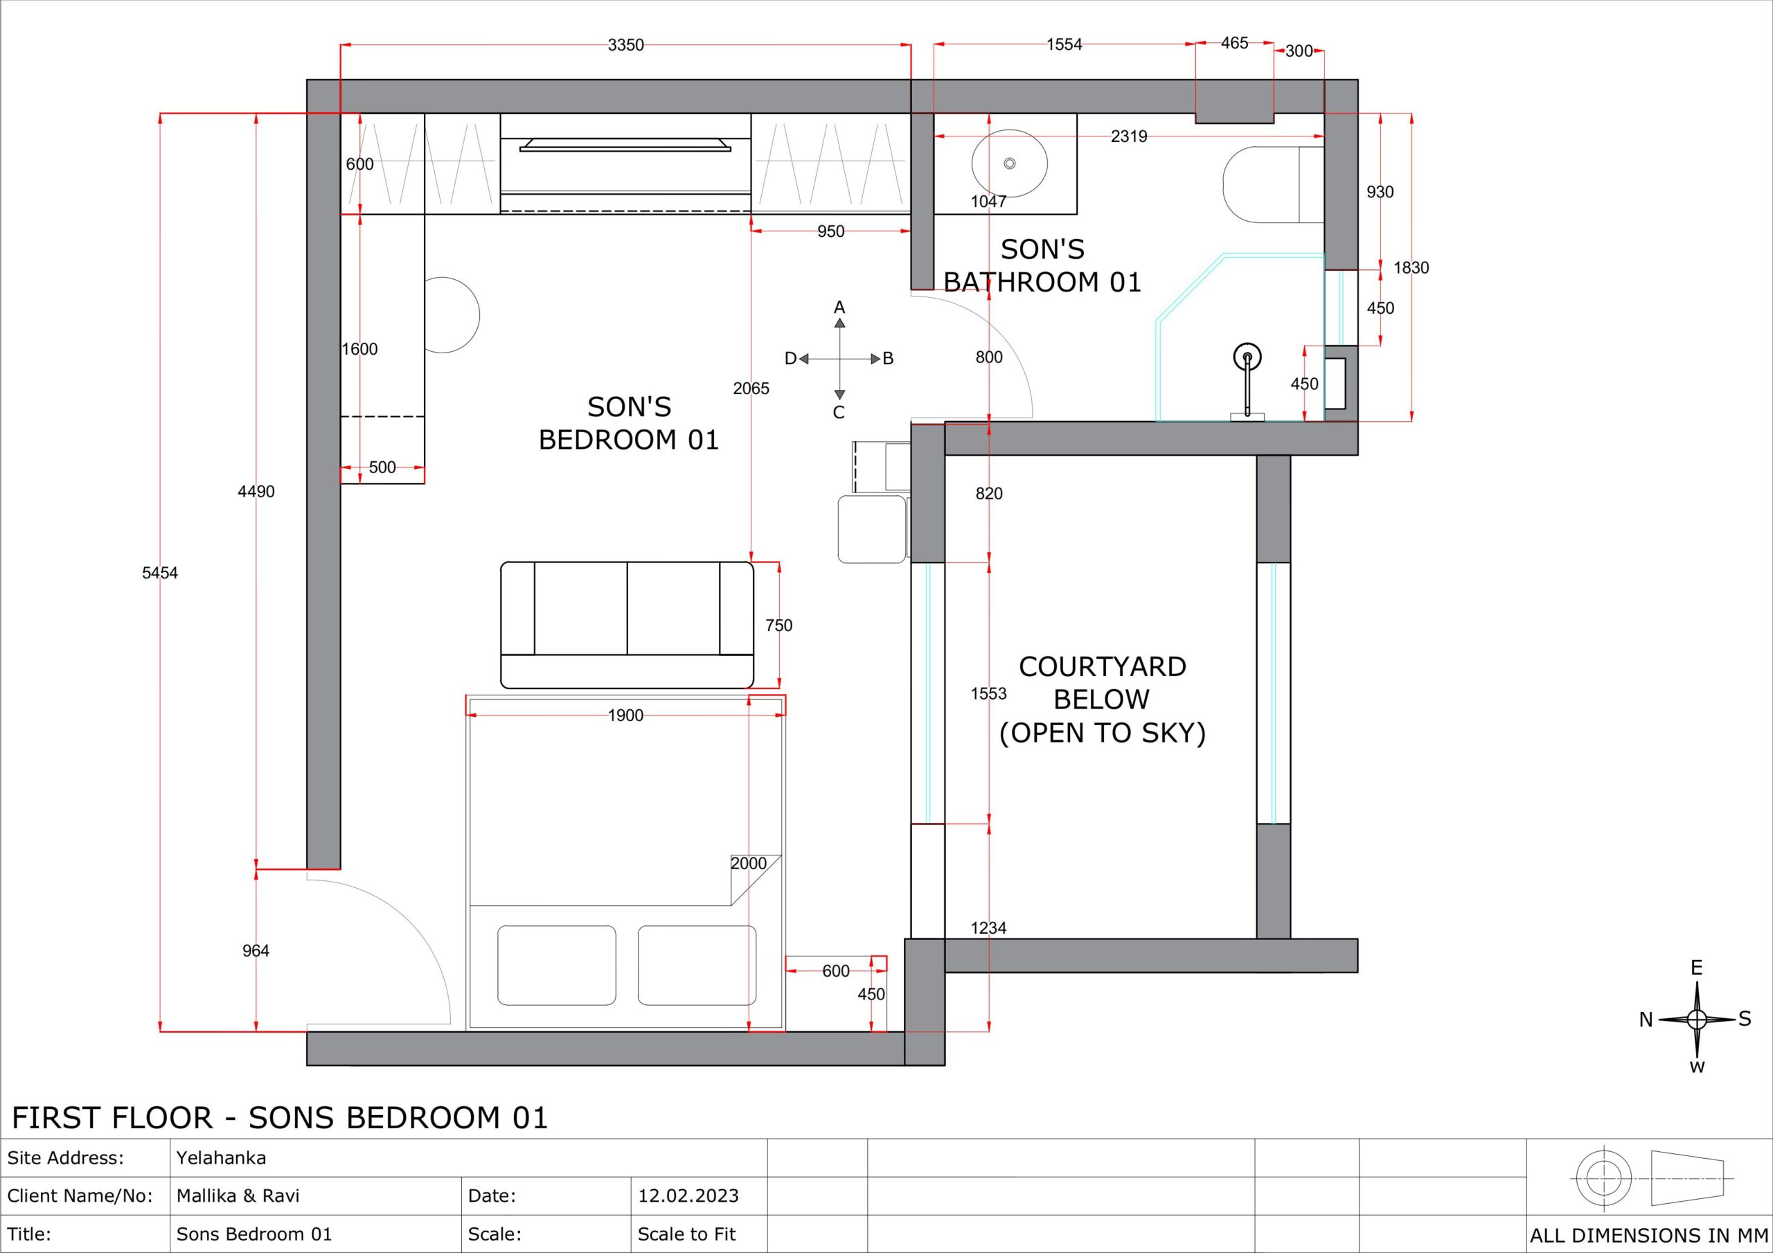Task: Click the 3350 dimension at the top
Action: click(x=625, y=45)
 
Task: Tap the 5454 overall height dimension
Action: click(x=160, y=572)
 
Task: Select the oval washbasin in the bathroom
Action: click(x=1009, y=163)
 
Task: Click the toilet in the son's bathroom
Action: click(x=1272, y=185)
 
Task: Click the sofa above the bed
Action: click(x=627, y=625)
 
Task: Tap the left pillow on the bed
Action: click(x=557, y=966)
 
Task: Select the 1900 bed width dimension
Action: click(x=625, y=716)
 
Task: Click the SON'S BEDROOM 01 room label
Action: click(x=629, y=423)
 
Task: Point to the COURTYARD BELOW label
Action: click(x=1103, y=683)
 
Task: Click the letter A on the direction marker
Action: click(x=839, y=308)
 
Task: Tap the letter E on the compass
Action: click(x=1697, y=968)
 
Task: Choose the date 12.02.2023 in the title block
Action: click(x=688, y=1196)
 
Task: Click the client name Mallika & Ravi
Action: click(x=238, y=1196)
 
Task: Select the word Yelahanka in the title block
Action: click(x=221, y=1158)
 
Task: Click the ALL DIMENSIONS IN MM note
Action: click(x=1648, y=1235)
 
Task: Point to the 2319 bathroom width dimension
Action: click(x=1129, y=136)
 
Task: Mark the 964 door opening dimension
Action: click(x=256, y=951)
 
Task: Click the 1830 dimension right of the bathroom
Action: click(x=1411, y=267)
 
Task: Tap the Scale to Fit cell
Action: click(x=686, y=1234)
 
